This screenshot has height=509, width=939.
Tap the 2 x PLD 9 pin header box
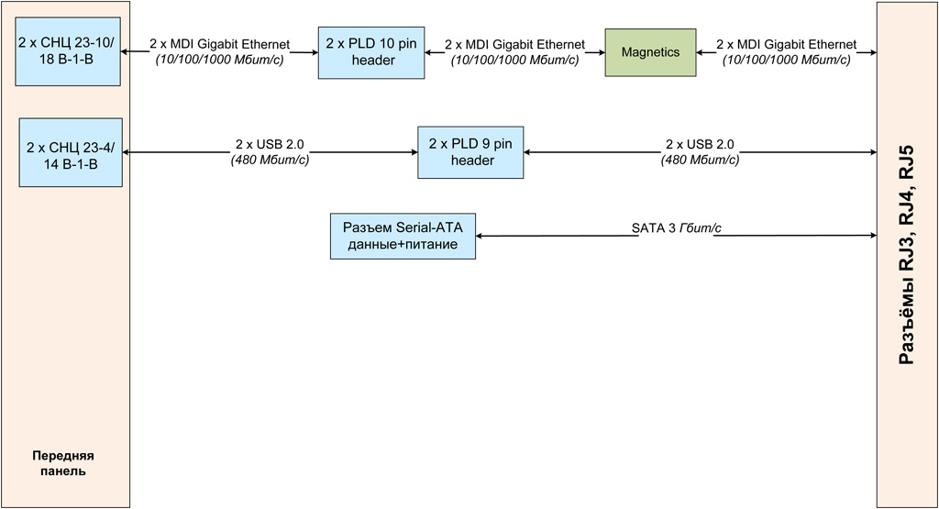470,152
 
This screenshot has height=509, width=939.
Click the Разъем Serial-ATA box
403,236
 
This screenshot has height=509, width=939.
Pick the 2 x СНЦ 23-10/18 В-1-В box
69,53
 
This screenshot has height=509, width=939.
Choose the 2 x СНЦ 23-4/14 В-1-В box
71,152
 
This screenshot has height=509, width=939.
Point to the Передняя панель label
64,463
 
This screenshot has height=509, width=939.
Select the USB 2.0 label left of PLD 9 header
269,145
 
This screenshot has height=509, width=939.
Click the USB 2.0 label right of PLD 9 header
699,145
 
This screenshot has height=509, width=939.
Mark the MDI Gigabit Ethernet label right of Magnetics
787,44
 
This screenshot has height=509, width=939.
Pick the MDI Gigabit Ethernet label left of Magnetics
514,44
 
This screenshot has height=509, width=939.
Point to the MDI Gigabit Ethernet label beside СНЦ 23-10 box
219,44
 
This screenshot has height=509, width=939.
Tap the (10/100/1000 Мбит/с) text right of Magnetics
786,60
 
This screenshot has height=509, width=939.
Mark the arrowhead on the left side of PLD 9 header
413,152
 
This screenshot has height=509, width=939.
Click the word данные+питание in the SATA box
403,244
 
